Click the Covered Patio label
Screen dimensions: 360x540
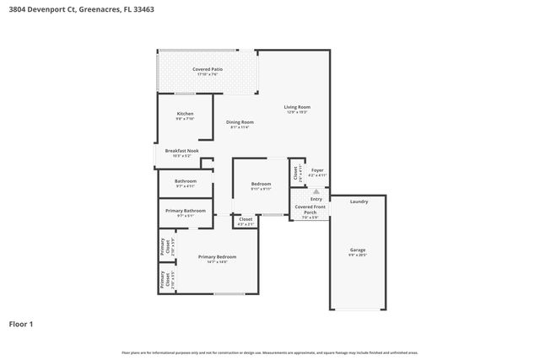coord(207,69)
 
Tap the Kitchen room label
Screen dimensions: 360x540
coord(185,114)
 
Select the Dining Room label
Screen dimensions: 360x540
coord(240,122)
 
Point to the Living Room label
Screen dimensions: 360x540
coord(297,107)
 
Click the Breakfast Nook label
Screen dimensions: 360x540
coord(181,151)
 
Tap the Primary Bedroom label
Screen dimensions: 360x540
coord(217,256)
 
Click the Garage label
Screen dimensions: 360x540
coord(358,250)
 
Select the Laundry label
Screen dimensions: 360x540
coord(359,201)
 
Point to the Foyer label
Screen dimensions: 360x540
coord(317,170)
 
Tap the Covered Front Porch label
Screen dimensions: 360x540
coord(310,209)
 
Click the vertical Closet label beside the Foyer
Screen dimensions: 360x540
coord(295,172)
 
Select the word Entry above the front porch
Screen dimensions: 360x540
coord(316,199)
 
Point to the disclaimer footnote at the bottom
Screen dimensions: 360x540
coord(269,352)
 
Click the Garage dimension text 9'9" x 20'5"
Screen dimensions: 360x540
coord(358,255)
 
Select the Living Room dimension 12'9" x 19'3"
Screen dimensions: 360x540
coord(297,112)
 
